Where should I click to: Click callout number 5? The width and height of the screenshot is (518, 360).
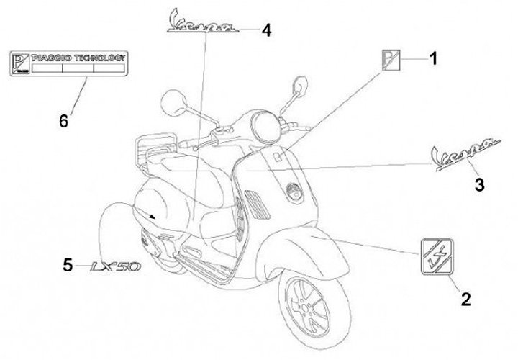(x=67, y=265)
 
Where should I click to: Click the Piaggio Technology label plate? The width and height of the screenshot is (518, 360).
(x=68, y=63)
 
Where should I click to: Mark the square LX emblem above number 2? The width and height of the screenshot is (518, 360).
(x=439, y=255)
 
